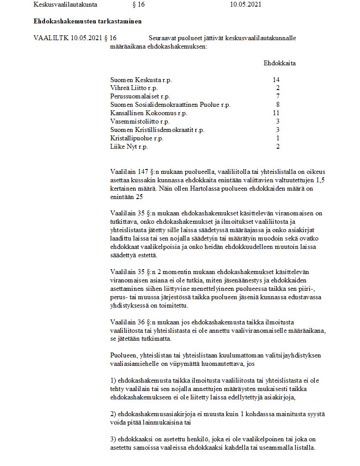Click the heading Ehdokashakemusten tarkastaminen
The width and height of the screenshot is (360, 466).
point(87,21)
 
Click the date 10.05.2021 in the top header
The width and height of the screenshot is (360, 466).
point(246,5)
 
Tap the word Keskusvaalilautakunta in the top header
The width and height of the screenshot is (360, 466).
point(65,5)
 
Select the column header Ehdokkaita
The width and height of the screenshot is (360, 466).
point(280,63)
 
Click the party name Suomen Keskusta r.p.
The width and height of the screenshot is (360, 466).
point(141,80)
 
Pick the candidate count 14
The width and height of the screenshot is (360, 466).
point(277,80)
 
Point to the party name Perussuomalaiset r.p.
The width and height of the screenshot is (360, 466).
point(140,97)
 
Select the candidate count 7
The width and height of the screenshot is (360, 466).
point(278,97)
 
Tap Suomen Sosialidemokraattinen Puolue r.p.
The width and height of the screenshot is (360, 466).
point(170,105)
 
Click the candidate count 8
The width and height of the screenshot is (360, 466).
point(278,105)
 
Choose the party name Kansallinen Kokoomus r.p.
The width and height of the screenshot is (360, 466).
point(149,113)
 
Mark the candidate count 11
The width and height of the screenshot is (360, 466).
point(277,113)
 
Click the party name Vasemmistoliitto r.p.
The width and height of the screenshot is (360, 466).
point(139,121)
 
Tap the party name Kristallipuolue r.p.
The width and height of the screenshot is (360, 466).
point(137,138)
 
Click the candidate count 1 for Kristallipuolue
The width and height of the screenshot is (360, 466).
point(278,138)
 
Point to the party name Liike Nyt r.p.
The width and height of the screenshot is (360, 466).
point(129,147)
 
